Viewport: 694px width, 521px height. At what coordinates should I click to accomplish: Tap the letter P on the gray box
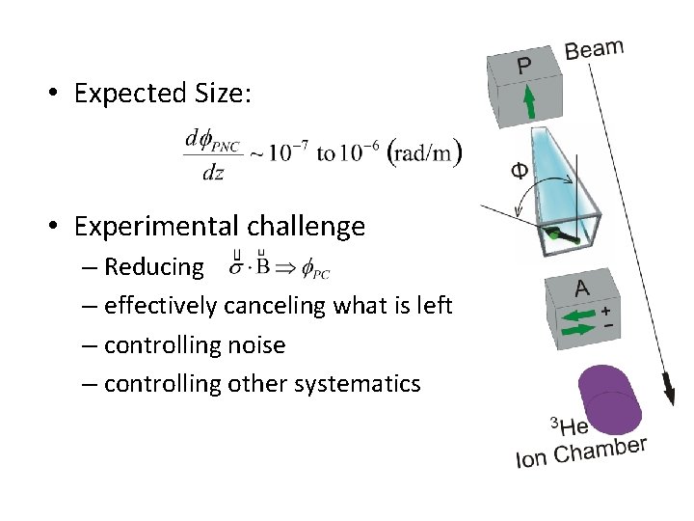523,66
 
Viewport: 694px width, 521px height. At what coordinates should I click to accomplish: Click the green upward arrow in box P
529,100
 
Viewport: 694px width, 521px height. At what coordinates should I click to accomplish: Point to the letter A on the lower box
582,288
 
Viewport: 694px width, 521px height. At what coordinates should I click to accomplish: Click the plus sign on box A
606,312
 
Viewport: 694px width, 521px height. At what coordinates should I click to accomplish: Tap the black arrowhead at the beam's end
667,394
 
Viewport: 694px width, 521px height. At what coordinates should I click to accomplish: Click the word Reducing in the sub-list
154,266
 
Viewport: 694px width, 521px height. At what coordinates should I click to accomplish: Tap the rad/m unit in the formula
424,153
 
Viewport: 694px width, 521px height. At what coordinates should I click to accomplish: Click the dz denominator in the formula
212,172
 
